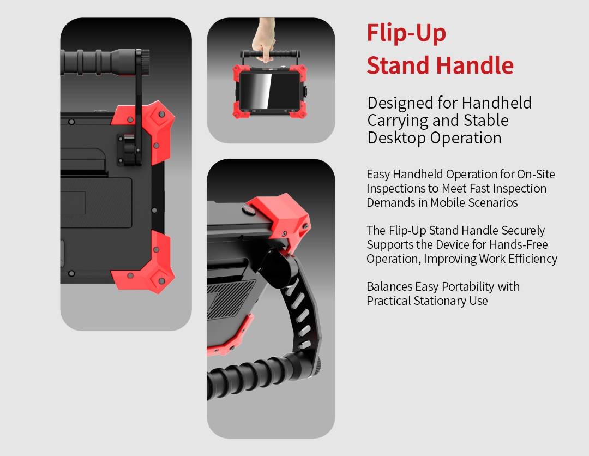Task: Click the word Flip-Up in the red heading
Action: pos(406,34)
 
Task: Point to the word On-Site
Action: pos(536,175)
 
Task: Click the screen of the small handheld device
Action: pos(270,90)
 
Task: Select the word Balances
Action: pos(389,287)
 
